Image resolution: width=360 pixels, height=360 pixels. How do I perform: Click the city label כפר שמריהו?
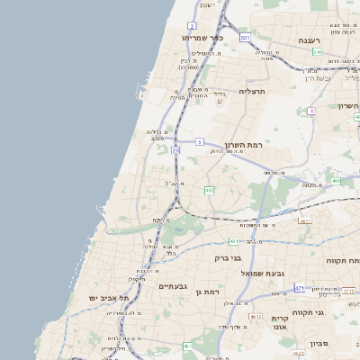[x=202, y=38]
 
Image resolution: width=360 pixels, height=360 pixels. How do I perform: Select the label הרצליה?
[x=250, y=93]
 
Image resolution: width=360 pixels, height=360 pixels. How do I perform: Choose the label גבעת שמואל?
[x=262, y=273]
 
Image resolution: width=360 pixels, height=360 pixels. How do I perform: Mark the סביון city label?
[x=320, y=344]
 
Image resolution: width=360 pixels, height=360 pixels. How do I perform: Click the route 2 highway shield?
[x=192, y=25]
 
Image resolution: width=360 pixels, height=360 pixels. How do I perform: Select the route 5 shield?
[x=200, y=142]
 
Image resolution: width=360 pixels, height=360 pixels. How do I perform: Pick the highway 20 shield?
[x=175, y=151]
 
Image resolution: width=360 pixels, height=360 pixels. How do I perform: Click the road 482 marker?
[x=210, y=190]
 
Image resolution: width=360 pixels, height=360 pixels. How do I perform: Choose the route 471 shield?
[x=299, y=288]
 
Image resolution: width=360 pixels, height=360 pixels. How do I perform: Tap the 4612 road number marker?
[x=256, y=317]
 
